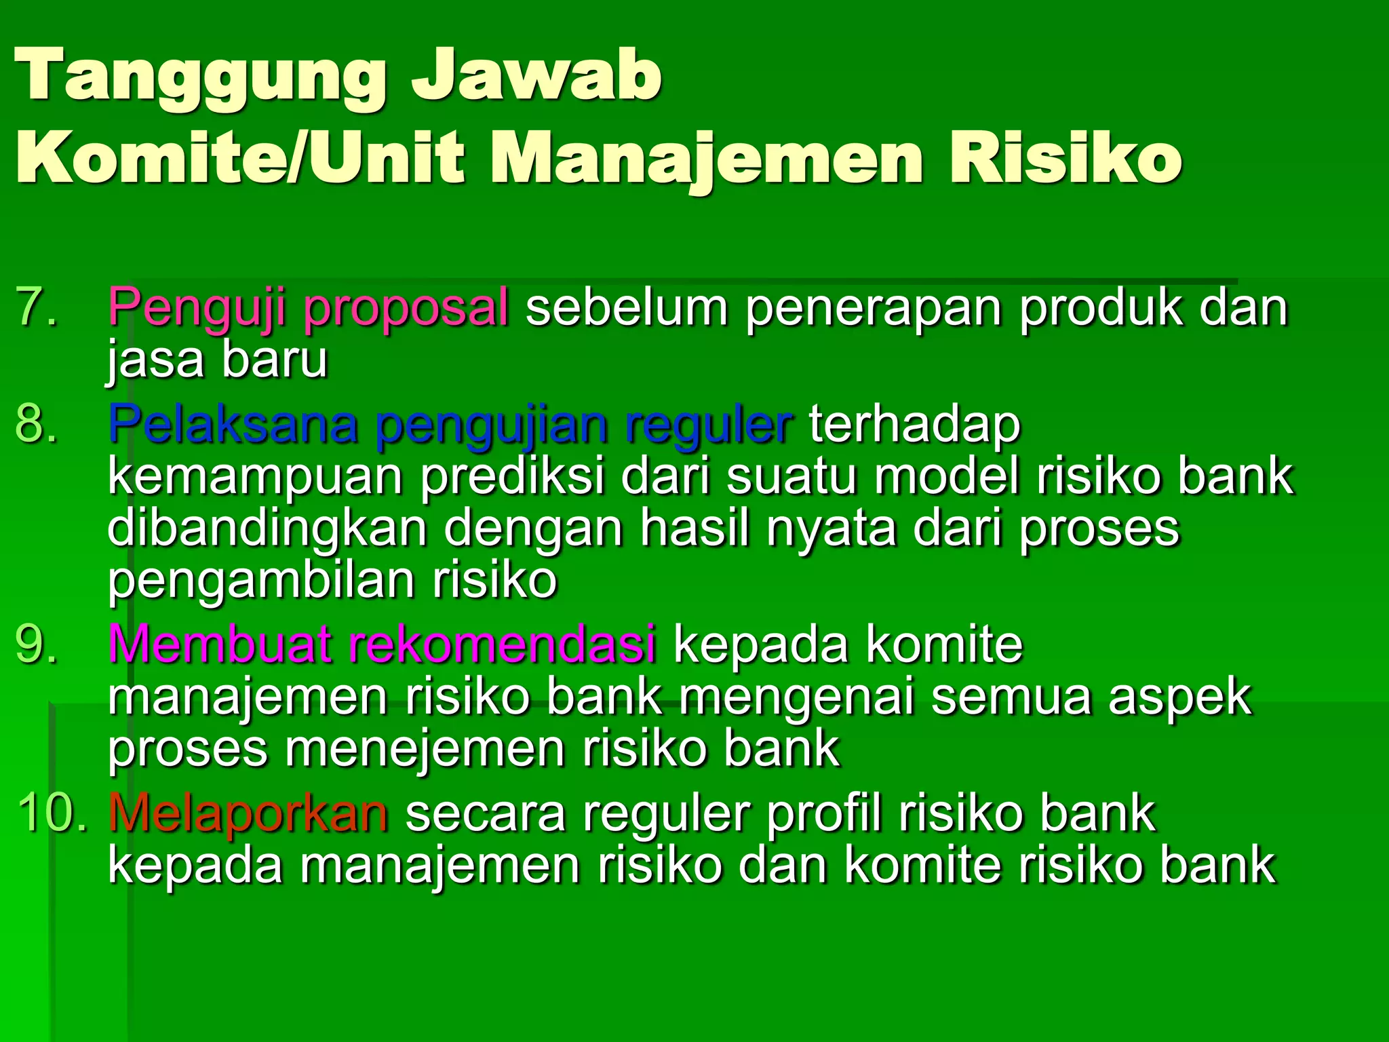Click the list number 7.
pos(37,307)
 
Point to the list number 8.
pos(37,424)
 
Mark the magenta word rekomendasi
pos(502,643)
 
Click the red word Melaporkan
pos(248,813)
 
